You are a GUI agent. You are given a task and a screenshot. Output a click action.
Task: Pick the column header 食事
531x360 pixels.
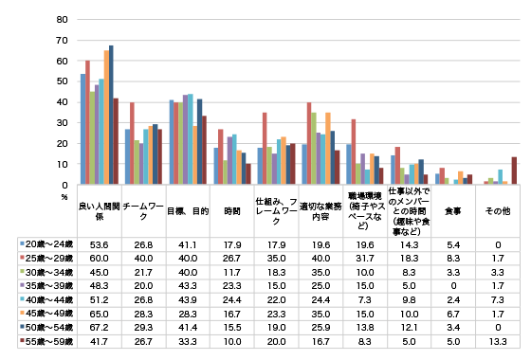pyautogui.click(x=453, y=210)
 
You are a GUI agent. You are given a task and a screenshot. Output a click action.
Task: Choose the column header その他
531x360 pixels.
pyautogui.click(x=498, y=210)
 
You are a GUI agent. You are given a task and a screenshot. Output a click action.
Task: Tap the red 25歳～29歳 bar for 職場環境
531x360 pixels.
pyautogui.click(x=354, y=152)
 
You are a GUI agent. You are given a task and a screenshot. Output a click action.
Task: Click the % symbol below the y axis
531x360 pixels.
pyautogui.click(x=64, y=196)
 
